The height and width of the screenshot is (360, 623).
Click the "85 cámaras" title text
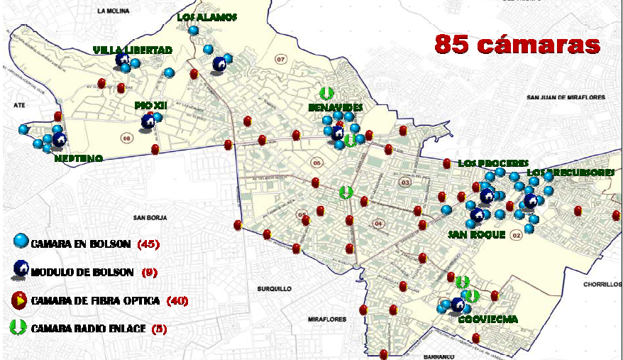[517, 44]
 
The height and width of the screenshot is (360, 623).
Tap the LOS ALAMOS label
[207, 17]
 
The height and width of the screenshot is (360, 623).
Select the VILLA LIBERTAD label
[133, 50]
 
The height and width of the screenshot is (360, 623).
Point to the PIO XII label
[150, 105]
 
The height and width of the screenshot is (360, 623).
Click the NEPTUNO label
[78, 158]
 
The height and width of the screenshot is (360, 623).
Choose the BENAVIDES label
[336, 107]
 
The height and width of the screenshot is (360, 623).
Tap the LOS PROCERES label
[492, 163]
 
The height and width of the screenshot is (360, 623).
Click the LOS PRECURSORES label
[570, 173]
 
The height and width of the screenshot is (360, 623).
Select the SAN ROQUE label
[476, 234]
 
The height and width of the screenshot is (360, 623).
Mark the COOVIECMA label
[487, 320]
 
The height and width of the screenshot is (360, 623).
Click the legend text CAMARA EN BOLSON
[80, 244]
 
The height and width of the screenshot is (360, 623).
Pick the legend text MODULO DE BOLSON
[82, 272]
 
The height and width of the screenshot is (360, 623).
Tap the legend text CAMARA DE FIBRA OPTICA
[97, 300]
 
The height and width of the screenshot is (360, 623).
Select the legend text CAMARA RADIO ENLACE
[88, 328]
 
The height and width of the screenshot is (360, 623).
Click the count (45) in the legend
[148, 244]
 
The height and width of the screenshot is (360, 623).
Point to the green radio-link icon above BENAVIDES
[326, 93]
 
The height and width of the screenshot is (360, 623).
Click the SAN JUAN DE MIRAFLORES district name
[573, 97]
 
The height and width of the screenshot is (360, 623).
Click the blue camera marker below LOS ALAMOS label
[193, 31]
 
